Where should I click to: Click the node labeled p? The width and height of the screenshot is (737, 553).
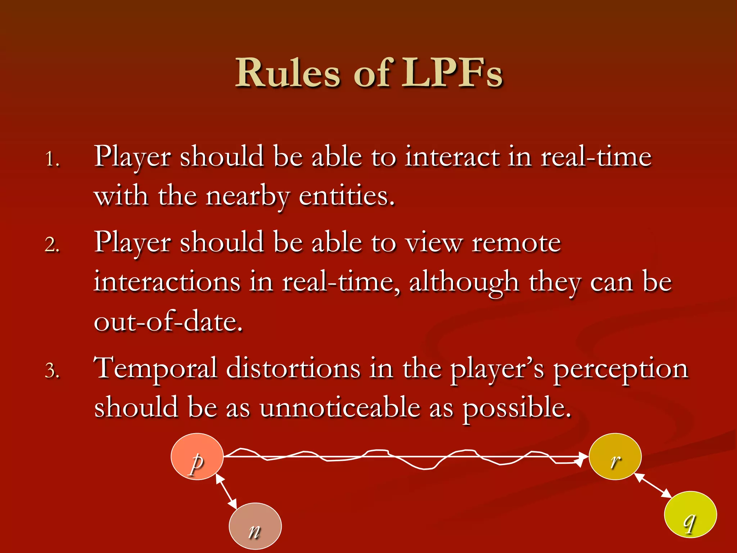click(197, 457)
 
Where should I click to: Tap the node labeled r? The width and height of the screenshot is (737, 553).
click(615, 457)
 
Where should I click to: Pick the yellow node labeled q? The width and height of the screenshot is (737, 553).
click(690, 514)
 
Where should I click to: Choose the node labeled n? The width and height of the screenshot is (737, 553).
click(255, 526)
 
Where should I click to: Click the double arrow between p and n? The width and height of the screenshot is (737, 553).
click(226, 491)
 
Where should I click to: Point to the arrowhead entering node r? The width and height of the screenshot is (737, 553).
click(582, 458)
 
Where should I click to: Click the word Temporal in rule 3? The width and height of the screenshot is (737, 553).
click(155, 369)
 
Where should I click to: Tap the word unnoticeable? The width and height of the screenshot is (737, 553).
click(340, 408)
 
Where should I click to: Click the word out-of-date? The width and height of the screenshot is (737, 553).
click(168, 321)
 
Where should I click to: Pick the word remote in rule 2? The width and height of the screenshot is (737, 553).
click(516, 243)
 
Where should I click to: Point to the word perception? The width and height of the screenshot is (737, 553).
click(620, 370)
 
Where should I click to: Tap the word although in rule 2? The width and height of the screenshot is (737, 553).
click(464, 283)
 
